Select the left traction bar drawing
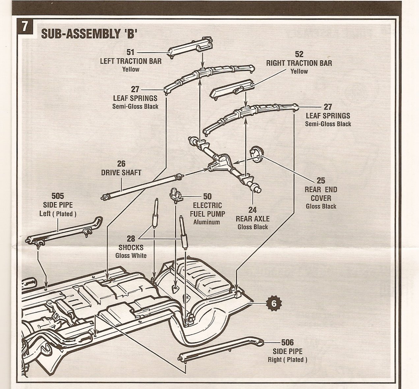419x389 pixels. [x=190, y=48]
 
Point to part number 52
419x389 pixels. [x=299, y=54]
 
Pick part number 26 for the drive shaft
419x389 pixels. [x=121, y=164]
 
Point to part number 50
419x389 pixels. [x=207, y=196]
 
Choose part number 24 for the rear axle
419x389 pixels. [x=253, y=210]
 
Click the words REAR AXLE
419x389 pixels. [x=253, y=219]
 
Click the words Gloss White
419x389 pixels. [x=131, y=255]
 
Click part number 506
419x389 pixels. [x=288, y=343]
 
